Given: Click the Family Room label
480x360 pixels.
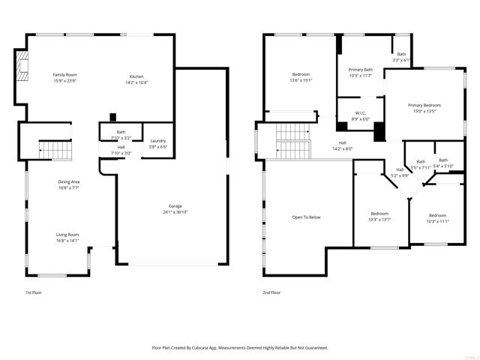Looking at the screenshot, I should coord(65,75).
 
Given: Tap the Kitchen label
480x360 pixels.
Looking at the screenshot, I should coord(136,76).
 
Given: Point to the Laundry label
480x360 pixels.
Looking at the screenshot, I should coord(157,141).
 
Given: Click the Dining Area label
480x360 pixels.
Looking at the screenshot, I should coord(69,182).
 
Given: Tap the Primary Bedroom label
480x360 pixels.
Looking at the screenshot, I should coord(424,106).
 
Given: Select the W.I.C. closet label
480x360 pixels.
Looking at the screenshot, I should coord(361,115).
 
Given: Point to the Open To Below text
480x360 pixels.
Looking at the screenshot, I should coord(306,217).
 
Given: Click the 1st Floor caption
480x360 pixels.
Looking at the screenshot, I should coord(34,292).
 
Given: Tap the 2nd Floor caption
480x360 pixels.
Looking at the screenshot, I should coord(271,292).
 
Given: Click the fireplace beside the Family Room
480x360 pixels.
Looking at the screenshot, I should coord(22,65).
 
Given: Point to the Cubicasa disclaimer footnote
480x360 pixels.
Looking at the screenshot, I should coord(240,347).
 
